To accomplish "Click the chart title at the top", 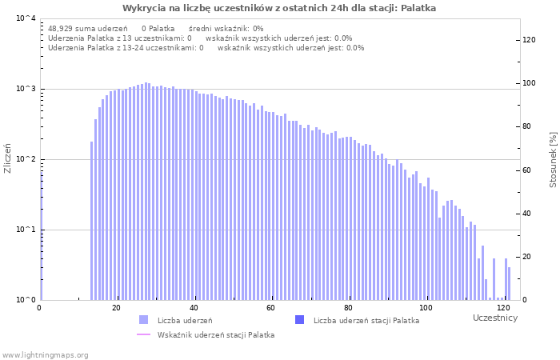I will click(279, 8).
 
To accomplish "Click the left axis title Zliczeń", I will click(8, 159).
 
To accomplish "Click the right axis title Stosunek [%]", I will click(553, 159).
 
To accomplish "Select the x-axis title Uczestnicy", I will click(495, 318).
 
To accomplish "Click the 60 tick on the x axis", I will click(271, 308).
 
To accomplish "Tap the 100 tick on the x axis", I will click(426, 308).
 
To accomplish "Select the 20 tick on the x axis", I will click(117, 308).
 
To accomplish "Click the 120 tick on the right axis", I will click(529, 40).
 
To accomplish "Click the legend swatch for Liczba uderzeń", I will click(143, 320).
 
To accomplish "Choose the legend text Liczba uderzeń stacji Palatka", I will click(366, 321).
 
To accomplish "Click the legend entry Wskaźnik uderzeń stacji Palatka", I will click(216, 335).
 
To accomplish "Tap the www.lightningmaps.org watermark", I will click(45, 354).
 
